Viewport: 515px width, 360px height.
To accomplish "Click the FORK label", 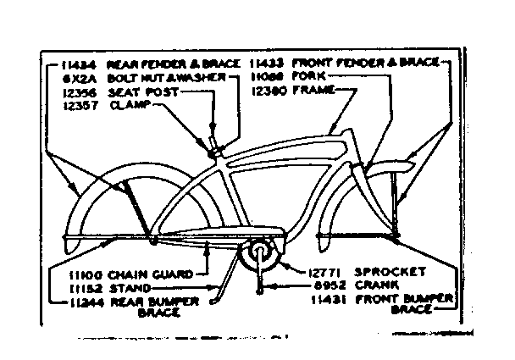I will point(307,75).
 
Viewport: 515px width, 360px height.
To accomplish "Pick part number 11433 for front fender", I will point(266,63).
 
